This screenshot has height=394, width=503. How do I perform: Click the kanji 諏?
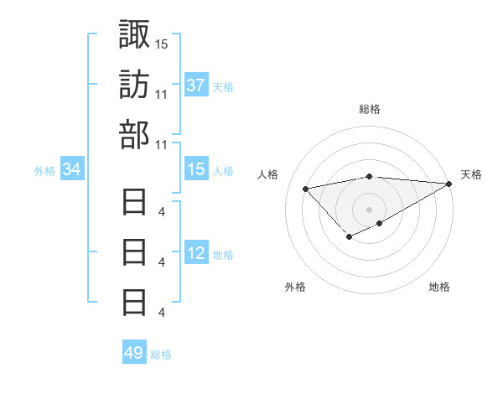click(135, 34)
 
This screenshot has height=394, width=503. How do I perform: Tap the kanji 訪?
click(135, 84)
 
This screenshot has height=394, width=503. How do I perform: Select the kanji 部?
click(135, 133)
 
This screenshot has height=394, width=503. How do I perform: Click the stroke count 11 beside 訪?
click(162, 94)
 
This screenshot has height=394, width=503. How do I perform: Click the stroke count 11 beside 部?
click(162, 144)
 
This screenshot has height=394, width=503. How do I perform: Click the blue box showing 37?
click(196, 86)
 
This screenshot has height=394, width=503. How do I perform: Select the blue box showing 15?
click(196, 169)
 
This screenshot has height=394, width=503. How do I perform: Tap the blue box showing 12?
click(196, 253)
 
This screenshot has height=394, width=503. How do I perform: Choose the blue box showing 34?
click(71, 170)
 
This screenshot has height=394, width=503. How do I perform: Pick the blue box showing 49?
click(133, 353)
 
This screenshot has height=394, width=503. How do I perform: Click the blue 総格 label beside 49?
click(161, 355)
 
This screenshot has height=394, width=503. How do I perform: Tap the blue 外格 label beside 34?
click(44, 171)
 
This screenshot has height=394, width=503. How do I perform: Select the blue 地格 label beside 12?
click(223, 254)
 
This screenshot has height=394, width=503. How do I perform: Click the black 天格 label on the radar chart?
click(472, 174)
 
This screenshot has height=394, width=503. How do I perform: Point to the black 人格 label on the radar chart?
click(268, 174)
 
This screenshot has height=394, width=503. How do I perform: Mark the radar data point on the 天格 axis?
click(449, 184)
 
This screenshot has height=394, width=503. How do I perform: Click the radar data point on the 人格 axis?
click(305, 188)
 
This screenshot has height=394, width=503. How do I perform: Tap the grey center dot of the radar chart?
click(370, 209)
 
